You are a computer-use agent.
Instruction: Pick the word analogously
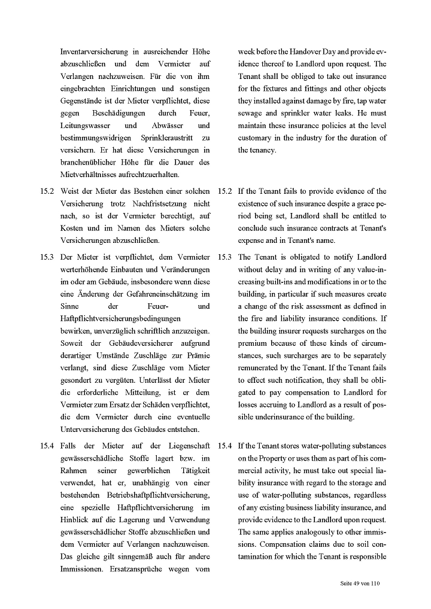(295, 532)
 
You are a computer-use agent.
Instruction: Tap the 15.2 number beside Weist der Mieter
(47, 191)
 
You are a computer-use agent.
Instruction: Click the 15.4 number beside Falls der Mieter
(47, 446)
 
